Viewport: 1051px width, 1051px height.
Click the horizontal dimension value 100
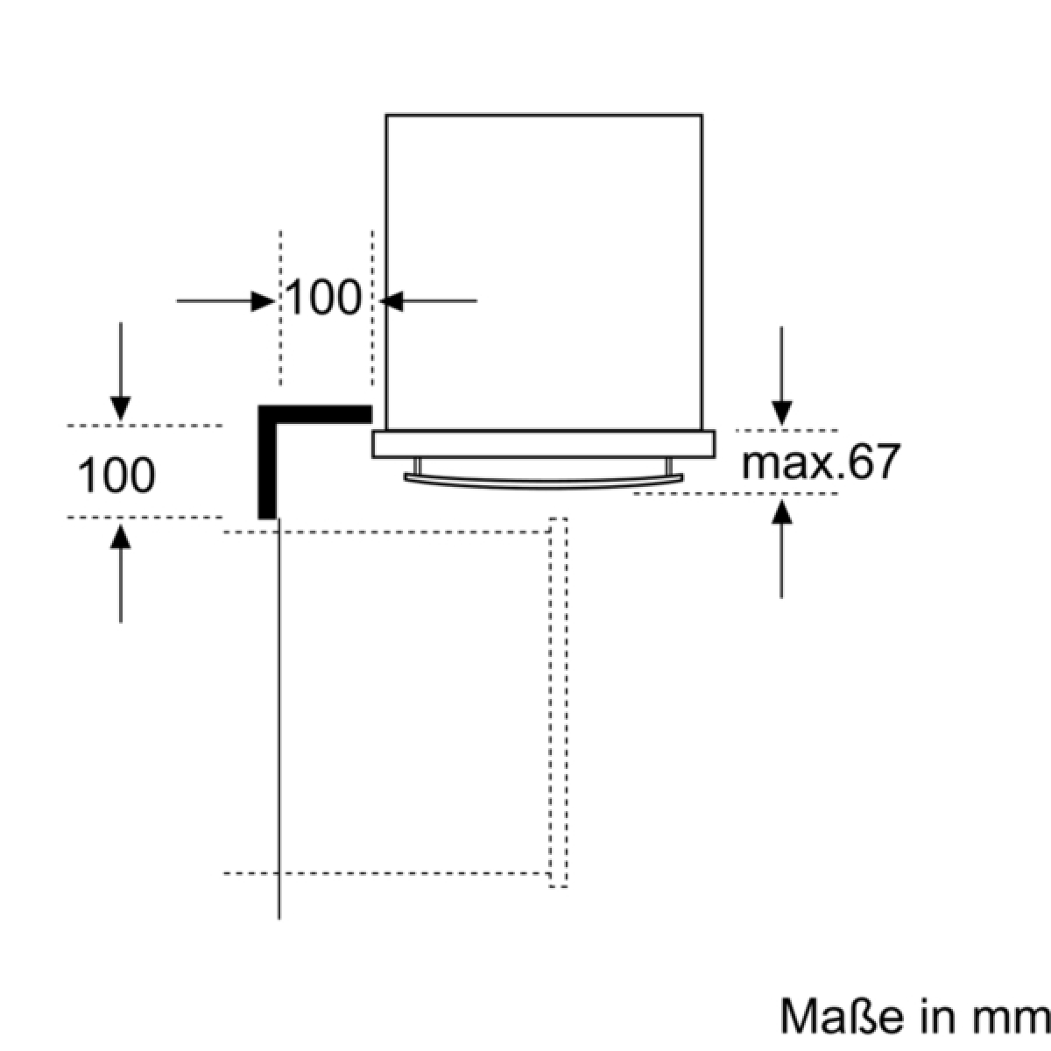323,300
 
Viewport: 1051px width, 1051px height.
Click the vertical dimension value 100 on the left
117,475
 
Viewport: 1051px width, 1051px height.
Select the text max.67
820,462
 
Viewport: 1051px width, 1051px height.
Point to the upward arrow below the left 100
121,569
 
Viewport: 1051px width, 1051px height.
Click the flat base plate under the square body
543,444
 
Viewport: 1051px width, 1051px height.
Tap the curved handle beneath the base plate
543,478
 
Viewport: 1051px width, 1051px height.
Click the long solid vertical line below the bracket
279,718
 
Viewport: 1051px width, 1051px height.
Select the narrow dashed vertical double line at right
558,701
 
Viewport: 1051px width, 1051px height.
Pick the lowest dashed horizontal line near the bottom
385,872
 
